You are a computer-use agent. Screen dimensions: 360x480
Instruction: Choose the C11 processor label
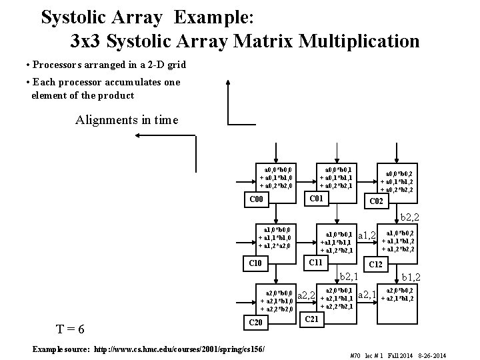click(314, 263)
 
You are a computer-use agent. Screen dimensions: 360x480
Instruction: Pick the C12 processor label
click(375, 265)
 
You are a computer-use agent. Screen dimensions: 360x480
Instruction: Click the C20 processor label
click(257, 323)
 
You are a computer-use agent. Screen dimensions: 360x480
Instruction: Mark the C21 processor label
click(314, 321)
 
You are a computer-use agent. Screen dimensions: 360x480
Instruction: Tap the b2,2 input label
click(410, 217)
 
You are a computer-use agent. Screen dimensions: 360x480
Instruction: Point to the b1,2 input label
click(410, 277)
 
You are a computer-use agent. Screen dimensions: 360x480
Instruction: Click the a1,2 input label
click(367, 235)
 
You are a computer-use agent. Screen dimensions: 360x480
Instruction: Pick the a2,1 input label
click(367, 294)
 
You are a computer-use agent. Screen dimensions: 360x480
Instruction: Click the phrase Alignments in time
click(127, 121)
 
